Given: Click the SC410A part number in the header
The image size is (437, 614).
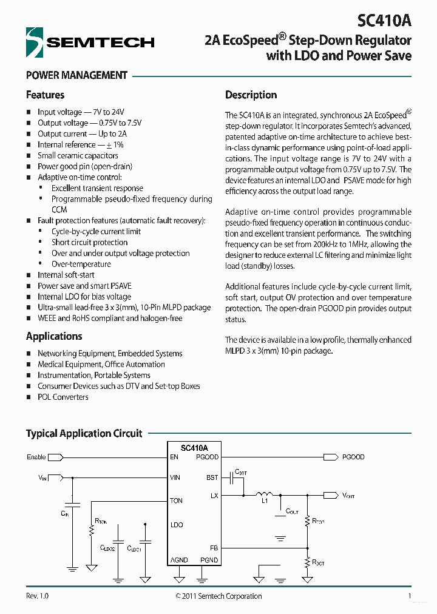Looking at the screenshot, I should pos(384,21).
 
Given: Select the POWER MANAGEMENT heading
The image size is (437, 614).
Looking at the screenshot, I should pos(76,76).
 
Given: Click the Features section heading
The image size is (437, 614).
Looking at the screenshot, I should pos(45,95).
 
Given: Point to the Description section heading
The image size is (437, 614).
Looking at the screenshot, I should pos(251,95).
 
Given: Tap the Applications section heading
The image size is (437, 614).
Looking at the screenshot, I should pos(54,337).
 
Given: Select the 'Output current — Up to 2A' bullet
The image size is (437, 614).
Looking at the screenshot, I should pos(82,134).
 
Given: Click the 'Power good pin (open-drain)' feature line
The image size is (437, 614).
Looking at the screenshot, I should pos(84,167).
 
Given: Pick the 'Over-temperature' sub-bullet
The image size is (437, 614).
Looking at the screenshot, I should pos(81,265).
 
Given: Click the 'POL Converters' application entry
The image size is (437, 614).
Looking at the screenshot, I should pos(63,397).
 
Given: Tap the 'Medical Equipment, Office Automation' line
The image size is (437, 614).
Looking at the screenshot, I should pos(101,365).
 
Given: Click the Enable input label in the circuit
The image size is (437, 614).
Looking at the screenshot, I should pos(36,457).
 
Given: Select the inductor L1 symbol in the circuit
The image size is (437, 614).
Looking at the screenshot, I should pos(264,494).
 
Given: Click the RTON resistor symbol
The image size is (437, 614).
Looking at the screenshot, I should pos(92,530).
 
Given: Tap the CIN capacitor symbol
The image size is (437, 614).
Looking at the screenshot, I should pos(72,504).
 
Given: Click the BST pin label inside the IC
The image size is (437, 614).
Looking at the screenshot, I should pos(212,478).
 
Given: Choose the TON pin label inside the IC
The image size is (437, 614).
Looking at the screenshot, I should pos(176,501).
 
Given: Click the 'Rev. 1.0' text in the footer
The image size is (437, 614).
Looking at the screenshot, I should pos(37,596).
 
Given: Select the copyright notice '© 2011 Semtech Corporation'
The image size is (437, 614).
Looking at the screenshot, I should pos(218,596).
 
